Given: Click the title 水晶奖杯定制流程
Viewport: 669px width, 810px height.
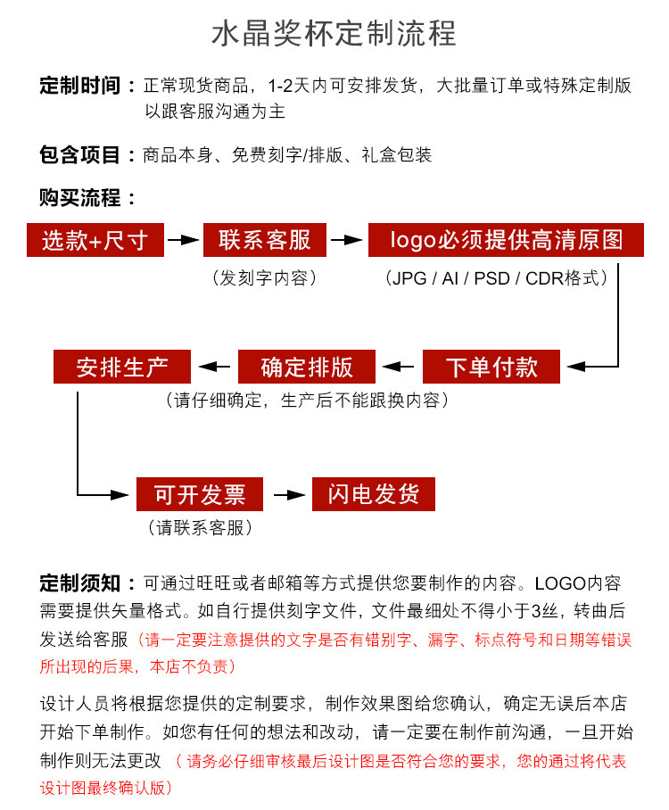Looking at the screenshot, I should pyautogui.click(x=334, y=33).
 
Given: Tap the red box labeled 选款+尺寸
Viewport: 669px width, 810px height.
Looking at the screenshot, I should pyautogui.click(x=95, y=240).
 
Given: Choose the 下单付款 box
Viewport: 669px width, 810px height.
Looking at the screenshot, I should pyautogui.click(x=491, y=367).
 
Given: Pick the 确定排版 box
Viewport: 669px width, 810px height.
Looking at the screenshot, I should pyautogui.click(x=307, y=367).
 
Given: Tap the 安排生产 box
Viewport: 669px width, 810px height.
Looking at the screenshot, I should pyautogui.click(x=122, y=367).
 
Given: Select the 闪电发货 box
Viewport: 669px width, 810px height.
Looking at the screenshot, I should pyautogui.click(x=373, y=493).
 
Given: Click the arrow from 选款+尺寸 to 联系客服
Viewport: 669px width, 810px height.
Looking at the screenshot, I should pyautogui.click(x=183, y=240).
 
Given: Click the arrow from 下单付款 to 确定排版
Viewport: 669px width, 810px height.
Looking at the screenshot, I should pyautogui.click(x=400, y=366).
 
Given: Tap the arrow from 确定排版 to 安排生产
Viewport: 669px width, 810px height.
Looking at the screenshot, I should pyautogui.click(x=215, y=366).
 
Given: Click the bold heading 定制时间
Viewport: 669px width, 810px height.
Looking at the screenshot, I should pyautogui.click(x=79, y=86).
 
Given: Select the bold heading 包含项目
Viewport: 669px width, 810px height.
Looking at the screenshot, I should pyautogui.click(x=79, y=155).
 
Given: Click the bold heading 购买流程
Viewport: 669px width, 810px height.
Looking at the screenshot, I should pyautogui.click(x=79, y=197).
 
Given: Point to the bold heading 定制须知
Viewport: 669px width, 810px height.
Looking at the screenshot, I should pyautogui.click(x=79, y=583).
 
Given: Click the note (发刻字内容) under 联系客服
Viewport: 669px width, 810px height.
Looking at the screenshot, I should pyautogui.click(x=264, y=278).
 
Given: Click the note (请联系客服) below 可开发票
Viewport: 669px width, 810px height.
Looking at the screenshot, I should pyautogui.click(x=199, y=527).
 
